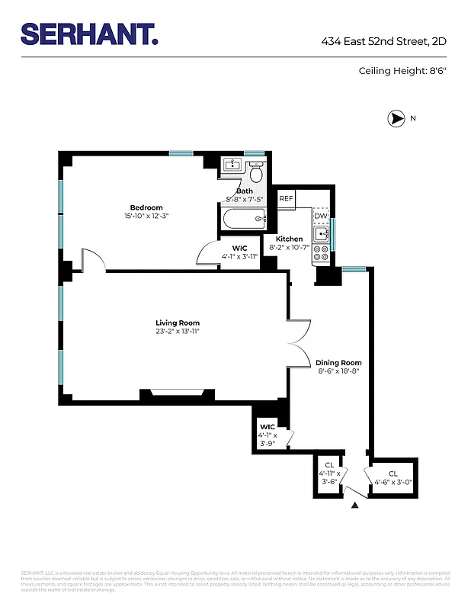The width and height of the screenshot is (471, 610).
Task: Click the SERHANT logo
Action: [x=89, y=34]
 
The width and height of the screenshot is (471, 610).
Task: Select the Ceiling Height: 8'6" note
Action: [x=402, y=71]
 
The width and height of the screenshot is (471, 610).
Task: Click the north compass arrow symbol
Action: [x=396, y=118]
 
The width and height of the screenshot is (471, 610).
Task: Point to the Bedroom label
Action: [x=146, y=207]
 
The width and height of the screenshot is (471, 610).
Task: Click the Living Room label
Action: [x=178, y=323]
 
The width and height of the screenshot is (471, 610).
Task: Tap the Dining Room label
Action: [x=338, y=363]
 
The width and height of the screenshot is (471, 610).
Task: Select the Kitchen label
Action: [x=289, y=239]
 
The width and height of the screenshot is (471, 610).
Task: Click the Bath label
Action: [x=244, y=191]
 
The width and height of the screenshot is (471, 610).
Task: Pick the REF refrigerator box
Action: [x=286, y=198]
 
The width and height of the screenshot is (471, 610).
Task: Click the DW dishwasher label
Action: [x=321, y=216]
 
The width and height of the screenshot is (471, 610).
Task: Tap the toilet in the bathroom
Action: [x=255, y=168]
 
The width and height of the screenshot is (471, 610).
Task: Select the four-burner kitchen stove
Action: [x=322, y=253]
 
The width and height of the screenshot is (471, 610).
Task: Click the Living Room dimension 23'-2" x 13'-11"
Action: [x=178, y=331]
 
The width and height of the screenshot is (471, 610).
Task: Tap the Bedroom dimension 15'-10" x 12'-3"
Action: [x=146, y=216]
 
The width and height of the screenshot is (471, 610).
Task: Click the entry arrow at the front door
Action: [x=355, y=504]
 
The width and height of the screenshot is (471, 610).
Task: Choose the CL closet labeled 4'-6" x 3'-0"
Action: [x=392, y=477]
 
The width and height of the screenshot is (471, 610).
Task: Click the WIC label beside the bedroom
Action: [x=239, y=249]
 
